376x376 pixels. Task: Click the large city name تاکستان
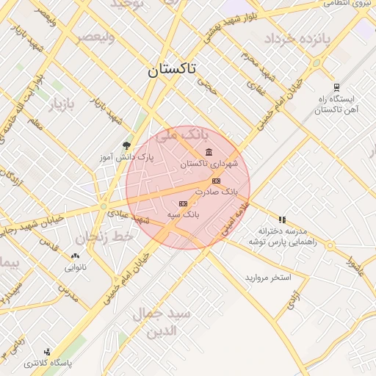click(x=171, y=70)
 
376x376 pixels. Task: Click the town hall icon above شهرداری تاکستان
click(x=209, y=152)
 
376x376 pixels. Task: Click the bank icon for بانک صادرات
click(x=215, y=181)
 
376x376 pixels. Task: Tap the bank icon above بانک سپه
click(x=183, y=203)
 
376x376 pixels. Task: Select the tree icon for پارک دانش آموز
click(x=126, y=145)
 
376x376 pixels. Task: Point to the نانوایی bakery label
click(x=75, y=267)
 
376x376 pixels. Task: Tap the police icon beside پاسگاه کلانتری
click(x=48, y=352)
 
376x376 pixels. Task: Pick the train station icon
click(x=336, y=87)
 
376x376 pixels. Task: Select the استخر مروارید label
click(x=269, y=278)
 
